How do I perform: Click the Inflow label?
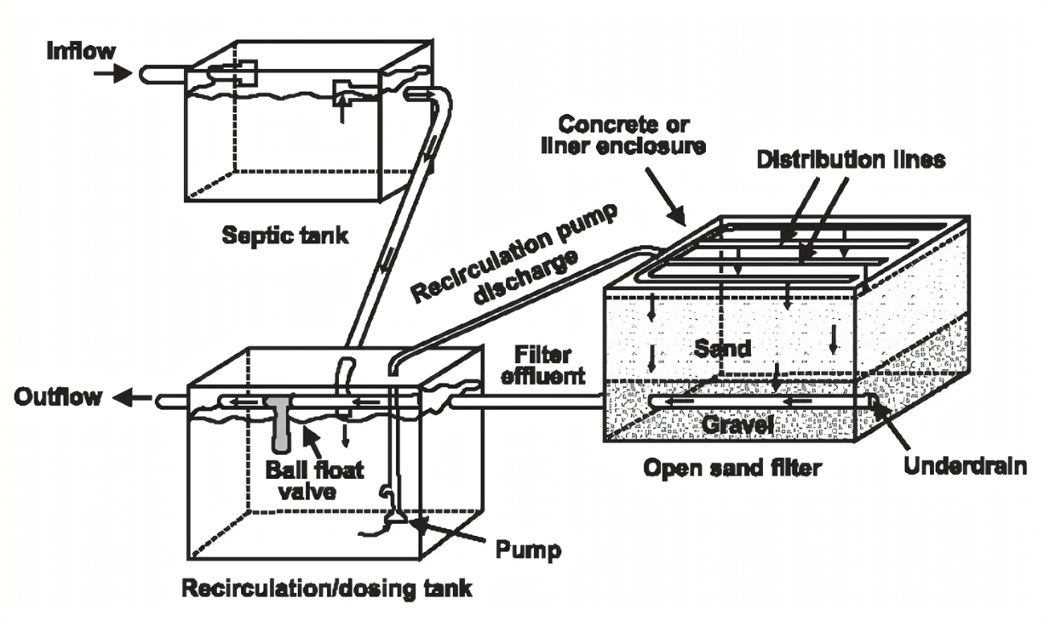click(81, 51)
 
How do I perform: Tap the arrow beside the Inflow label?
click(113, 74)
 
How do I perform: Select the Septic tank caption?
click(285, 235)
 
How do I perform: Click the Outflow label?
click(58, 397)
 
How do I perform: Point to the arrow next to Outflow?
click(133, 398)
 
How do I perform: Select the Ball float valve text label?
click(314, 480)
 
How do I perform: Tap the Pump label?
click(528, 550)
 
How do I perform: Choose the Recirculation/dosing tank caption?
click(327, 588)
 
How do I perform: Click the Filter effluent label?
click(543, 365)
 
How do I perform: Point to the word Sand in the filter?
click(722, 349)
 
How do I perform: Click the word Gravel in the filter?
click(737, 424)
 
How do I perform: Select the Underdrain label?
click(965, 466)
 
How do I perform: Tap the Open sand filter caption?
click(732, 468)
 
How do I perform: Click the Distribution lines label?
click(851, 160)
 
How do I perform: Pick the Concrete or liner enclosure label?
click(624, 135)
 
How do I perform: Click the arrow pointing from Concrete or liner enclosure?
click(666, 196)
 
